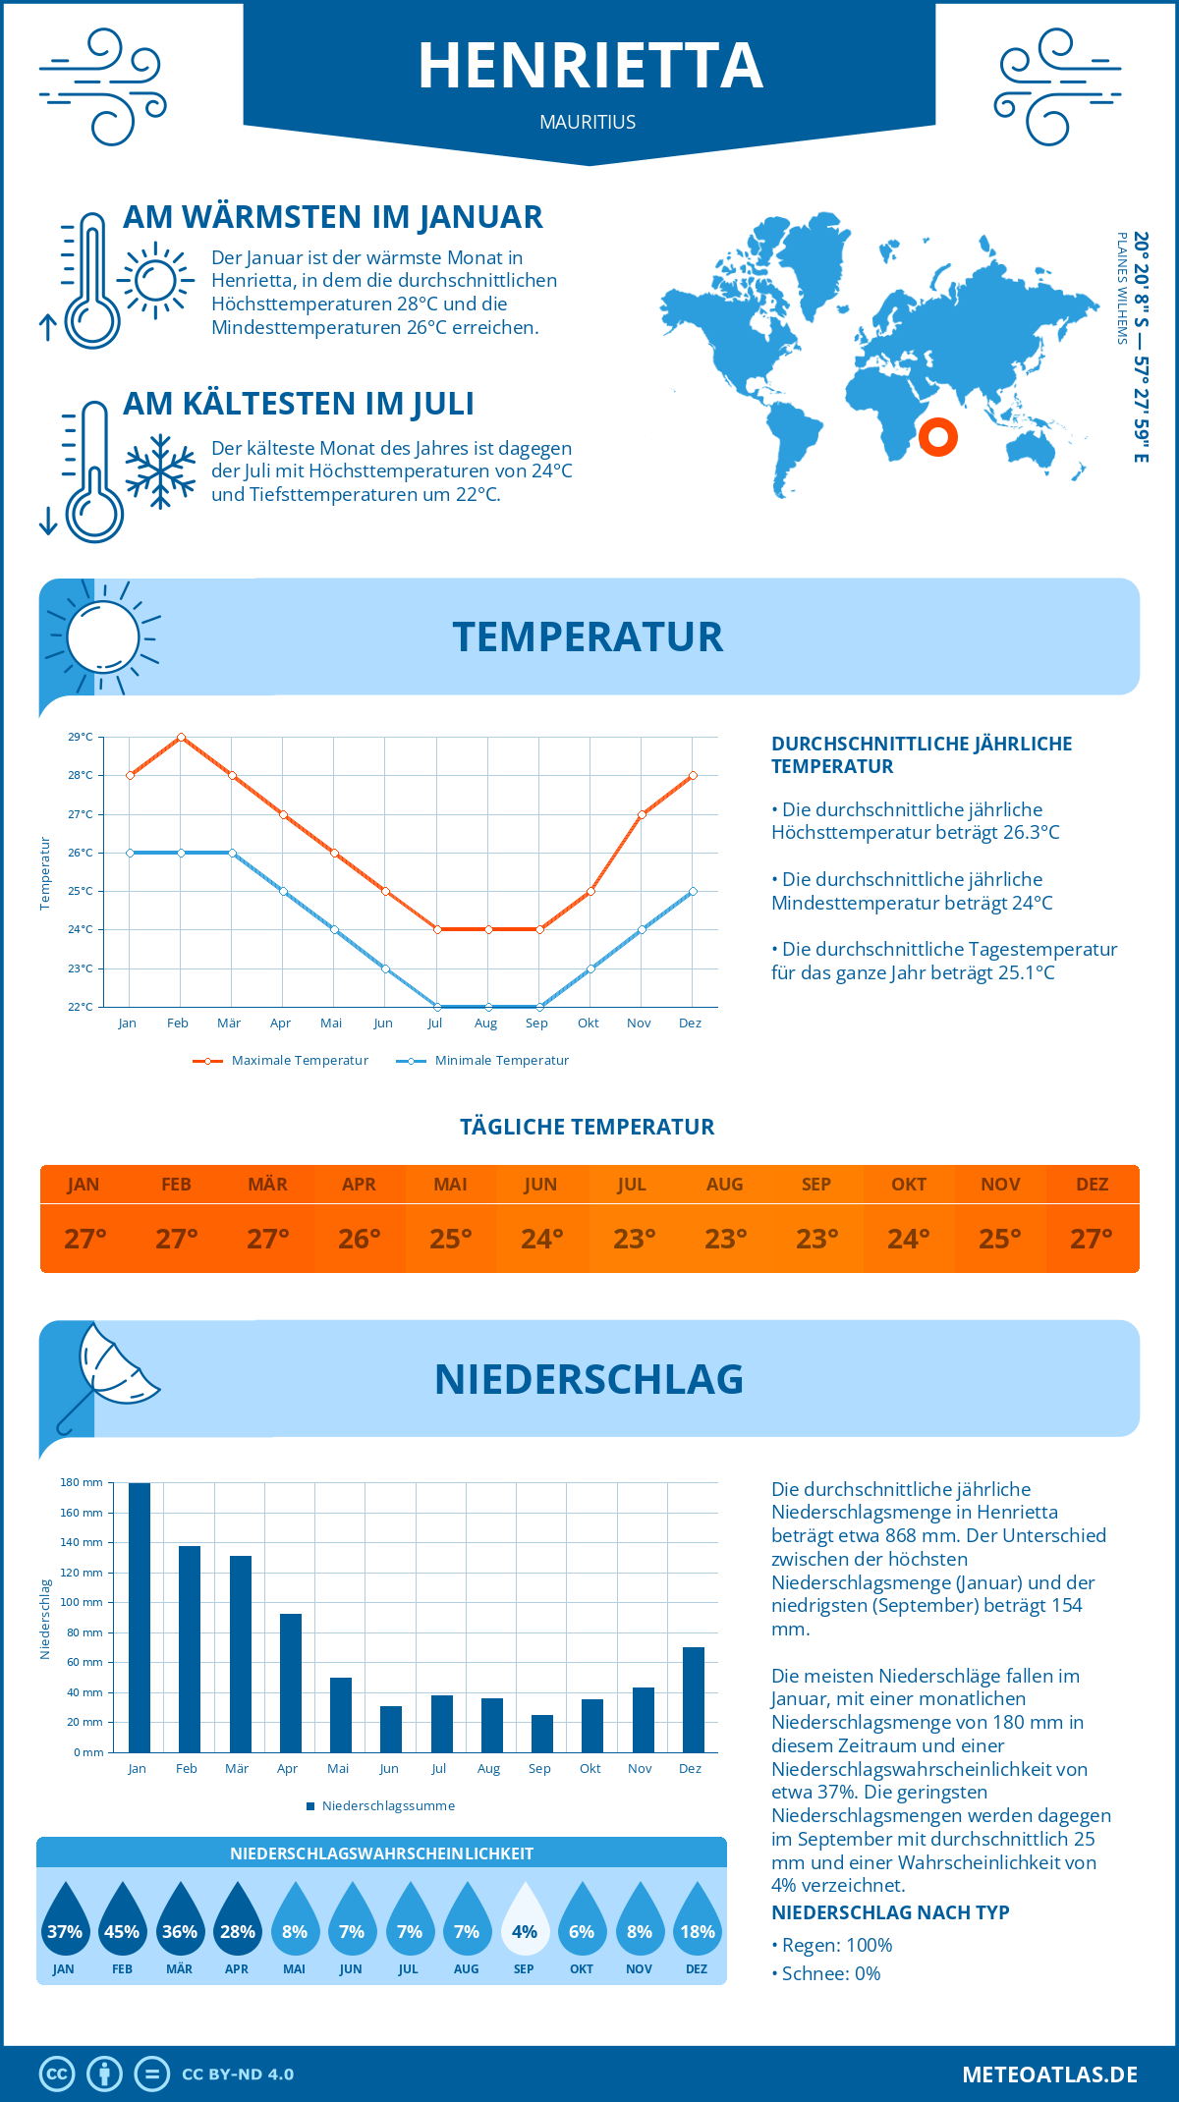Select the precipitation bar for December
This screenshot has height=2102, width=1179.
pyautogui.click(x=694, y=1699)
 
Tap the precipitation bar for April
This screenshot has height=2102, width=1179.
pyautogui.click(x=291, y=1683)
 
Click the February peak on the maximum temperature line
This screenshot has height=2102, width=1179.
pyautogui.click(x=181, y=737)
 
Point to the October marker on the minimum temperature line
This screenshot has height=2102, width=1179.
pyautogui.click(x=590, y=968)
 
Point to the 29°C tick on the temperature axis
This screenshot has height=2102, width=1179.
pyautogui.click(x=81, y=737)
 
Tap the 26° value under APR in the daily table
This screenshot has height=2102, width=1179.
pyautogui.click(x=360, y=1239)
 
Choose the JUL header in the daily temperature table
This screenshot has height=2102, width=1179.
pyautogui.click(x=632, y=1185)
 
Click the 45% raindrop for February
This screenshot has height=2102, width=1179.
pyautogui.click(x=122, y=1919)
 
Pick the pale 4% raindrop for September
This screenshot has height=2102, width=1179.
pyautogui.click(x=525, y=1919)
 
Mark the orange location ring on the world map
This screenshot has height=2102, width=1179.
pyautogui.click(x=938, y=437)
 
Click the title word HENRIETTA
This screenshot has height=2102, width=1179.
pyautogui.click(x=590, y=67)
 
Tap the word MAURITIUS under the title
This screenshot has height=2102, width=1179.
pyautogui.click(x=588, y=122)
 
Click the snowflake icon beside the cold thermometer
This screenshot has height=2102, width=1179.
pyautogui.click(x=160, y=471)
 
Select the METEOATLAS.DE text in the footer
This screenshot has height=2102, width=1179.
pyautogui.click(x=1049, y=2074)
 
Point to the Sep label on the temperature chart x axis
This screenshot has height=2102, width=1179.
pyautogui.click(x=536, y=1023)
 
